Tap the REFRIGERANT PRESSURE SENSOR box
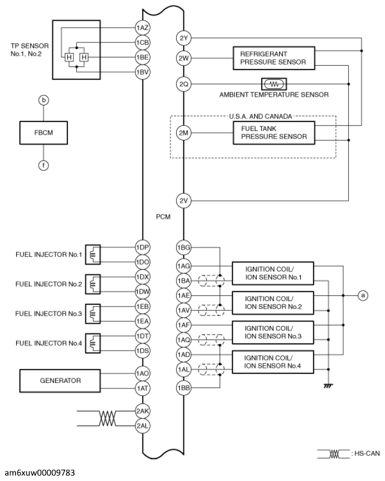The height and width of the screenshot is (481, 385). tap(272, 58)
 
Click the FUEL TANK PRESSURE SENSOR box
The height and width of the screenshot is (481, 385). tap(272, 133)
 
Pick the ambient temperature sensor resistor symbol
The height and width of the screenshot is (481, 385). tap(274, 84)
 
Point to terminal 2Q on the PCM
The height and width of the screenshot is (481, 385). tap(184, 84)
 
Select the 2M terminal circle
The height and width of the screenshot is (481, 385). tap(184, 133)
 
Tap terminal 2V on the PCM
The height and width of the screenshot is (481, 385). tap(184, 201)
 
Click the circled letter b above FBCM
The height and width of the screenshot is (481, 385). tap(43, 100)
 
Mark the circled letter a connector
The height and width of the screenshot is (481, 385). tap(363, 295)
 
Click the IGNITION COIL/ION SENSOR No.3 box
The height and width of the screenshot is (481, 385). tap(272, 332)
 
